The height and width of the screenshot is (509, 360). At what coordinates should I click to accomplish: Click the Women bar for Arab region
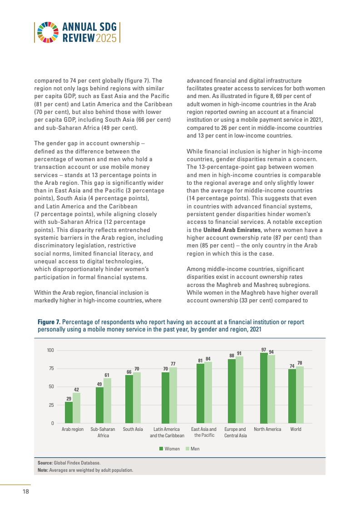click(x=69, y=412)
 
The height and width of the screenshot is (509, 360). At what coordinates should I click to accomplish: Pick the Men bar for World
click(x=300, y=395)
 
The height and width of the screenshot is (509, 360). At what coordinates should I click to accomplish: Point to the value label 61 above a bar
click(x=107, y=375)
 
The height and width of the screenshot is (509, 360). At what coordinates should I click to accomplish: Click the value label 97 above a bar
click(x=264, y=349)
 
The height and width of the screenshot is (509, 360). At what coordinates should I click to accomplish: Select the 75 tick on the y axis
click(x=50, y=369)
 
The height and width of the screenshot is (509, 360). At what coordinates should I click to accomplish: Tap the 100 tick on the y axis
click(x=50, y=351)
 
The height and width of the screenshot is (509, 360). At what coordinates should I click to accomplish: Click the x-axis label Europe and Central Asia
click(x=235, y=432)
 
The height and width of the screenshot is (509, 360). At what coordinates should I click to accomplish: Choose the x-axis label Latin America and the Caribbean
click(x=167, y=432)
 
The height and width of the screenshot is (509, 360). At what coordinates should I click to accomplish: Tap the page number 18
click(x=26, y=492)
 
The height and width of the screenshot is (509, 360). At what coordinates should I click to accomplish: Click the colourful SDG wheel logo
click(x=48, y=32)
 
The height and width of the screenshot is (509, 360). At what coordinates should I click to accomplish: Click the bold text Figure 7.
click(x=49, y=322)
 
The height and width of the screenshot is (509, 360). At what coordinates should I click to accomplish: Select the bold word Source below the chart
click(x=45, y=463)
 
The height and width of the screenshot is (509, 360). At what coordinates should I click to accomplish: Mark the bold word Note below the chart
click(x=43, y=470)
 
